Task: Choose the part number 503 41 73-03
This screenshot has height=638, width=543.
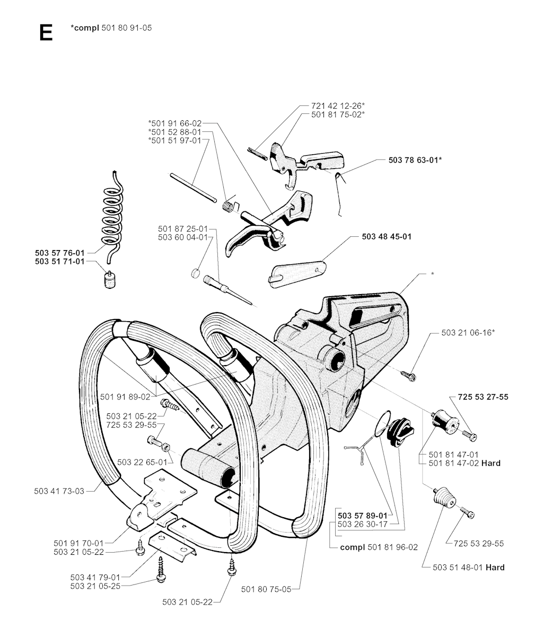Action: (59, 491)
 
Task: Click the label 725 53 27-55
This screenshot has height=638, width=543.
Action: (483, 396)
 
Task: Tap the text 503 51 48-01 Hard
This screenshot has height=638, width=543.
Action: (468, 567)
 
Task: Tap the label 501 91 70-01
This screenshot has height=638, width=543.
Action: (79, 543)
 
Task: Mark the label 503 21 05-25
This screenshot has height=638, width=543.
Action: (95, 585)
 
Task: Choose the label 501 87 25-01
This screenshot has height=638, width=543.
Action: (183, 228)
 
